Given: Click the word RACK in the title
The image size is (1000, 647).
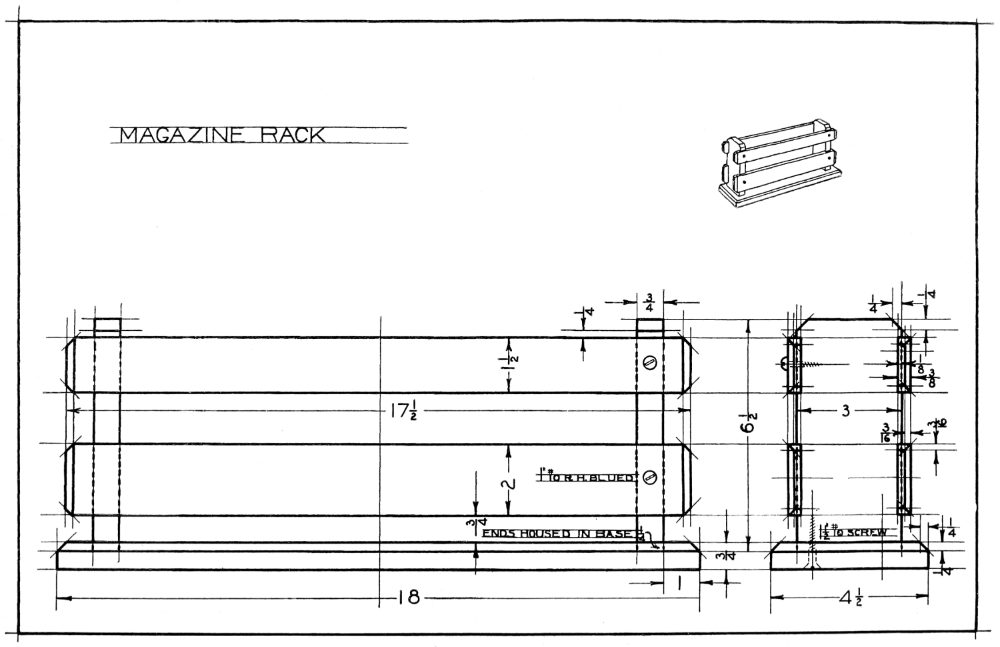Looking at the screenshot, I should (x=293, y=135).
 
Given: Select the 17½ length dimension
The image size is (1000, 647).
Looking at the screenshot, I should (x=403, y=412).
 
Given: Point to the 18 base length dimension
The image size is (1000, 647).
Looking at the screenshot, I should (x=409, y=598).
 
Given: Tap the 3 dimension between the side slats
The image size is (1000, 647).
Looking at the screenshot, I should (x=845, y=411).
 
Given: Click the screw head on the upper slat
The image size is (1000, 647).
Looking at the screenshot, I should (x=651, y=362).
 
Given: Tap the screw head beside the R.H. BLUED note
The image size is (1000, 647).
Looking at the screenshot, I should (x=651, y=477).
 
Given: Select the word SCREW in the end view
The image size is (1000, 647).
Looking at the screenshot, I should (x=866, y=533).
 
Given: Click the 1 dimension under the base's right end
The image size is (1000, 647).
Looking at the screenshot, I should (x=679, y=584).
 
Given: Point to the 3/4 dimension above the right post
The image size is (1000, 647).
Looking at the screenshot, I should (x=649, y=302).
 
